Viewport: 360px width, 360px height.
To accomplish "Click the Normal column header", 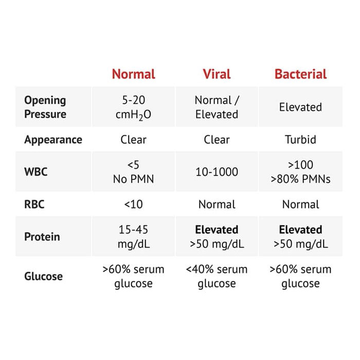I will click(x=133, y=74).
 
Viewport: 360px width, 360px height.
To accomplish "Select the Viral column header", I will click(x=217, y=74).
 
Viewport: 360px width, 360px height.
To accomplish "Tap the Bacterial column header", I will click(x=300, y=74).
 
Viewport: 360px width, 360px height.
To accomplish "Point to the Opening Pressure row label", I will click(x=45, y=107).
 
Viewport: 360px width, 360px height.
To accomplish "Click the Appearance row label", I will click(x=53, y=139).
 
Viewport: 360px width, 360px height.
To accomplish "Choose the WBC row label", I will click(x=35, y=172).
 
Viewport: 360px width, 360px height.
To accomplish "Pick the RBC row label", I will click(x=34, y=204).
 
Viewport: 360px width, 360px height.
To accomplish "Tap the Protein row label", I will click(x=42, y=237).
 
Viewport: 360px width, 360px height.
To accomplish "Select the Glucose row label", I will click(x=44, y=276).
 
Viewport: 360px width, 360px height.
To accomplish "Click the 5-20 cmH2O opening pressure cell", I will click(x=133, y=107).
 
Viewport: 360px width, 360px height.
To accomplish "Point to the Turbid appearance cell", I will click(x=300, y=139).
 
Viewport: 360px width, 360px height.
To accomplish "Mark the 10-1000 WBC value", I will click(x=217, y=172).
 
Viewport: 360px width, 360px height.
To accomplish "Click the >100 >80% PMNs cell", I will click(x=300, y=172).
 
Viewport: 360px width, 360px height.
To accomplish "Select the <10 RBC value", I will click(x=133, y=204).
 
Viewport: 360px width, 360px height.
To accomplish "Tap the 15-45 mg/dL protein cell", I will click(x=133, y=237).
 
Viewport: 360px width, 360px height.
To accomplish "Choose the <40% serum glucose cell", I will click(x=217, y=276).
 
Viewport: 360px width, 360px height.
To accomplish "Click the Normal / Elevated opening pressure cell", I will click(x=217, y=107).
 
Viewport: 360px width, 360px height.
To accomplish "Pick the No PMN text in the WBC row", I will click(x=133, y=179).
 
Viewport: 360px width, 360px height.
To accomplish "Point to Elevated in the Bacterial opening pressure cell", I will click(x=300, y=107).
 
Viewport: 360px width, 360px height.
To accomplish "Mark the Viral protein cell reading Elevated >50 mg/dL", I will click(x=217, y=237).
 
